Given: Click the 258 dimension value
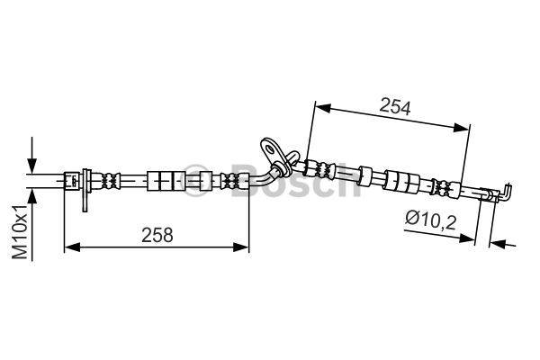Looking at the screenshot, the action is click(157, 235).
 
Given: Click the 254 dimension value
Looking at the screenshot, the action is click(395, 107).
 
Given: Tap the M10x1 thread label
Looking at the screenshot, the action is click(20, 231).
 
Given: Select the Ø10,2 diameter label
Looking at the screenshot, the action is click(431, 220).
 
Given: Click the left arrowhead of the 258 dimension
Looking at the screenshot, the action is click(72, 247).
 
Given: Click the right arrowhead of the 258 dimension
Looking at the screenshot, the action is click(241, 247).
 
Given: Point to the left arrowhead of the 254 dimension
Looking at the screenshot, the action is click(323, 108).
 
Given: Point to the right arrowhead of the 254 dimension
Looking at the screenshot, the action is click(461, 128).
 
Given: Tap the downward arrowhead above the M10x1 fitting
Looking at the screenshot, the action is click(32, 166).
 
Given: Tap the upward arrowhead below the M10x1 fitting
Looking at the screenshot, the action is click(32, 196).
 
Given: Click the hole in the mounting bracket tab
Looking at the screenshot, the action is click(269, 149).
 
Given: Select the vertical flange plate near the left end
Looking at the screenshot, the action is click(85, 190).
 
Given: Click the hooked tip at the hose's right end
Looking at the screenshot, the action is click(506, 193).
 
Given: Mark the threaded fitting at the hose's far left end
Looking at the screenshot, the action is click(72, 181).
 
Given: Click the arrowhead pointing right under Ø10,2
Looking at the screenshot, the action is click(467, 238).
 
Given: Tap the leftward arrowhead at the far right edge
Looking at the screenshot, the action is click(498, 244).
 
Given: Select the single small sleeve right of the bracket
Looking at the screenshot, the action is click(364, 175).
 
